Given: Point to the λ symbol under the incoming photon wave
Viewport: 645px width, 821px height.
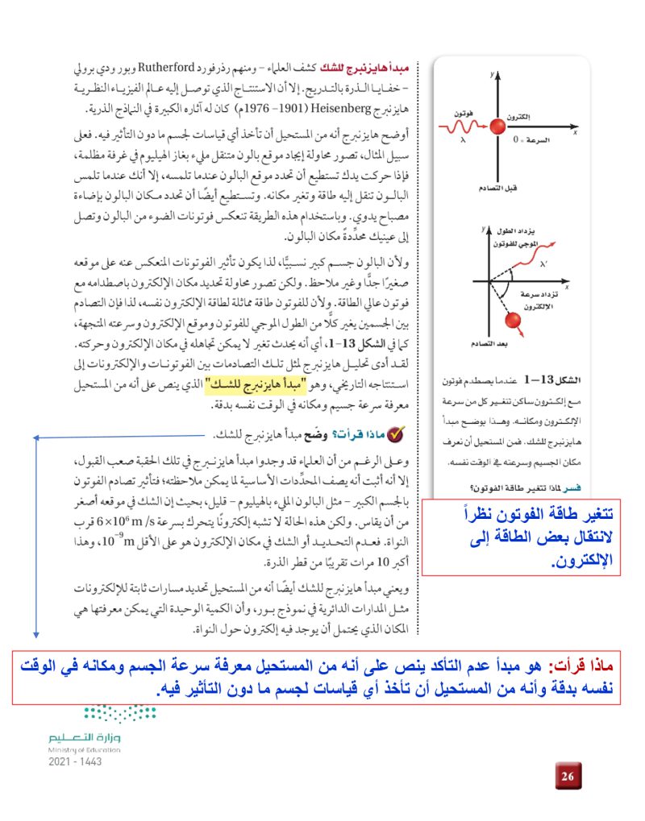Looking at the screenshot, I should pos(463,139).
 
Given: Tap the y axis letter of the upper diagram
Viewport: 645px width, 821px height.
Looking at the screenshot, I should pos(489,74).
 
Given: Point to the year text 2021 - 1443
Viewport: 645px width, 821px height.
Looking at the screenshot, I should pos(75,761).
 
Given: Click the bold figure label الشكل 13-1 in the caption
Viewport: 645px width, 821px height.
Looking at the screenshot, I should pos(556,379).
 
